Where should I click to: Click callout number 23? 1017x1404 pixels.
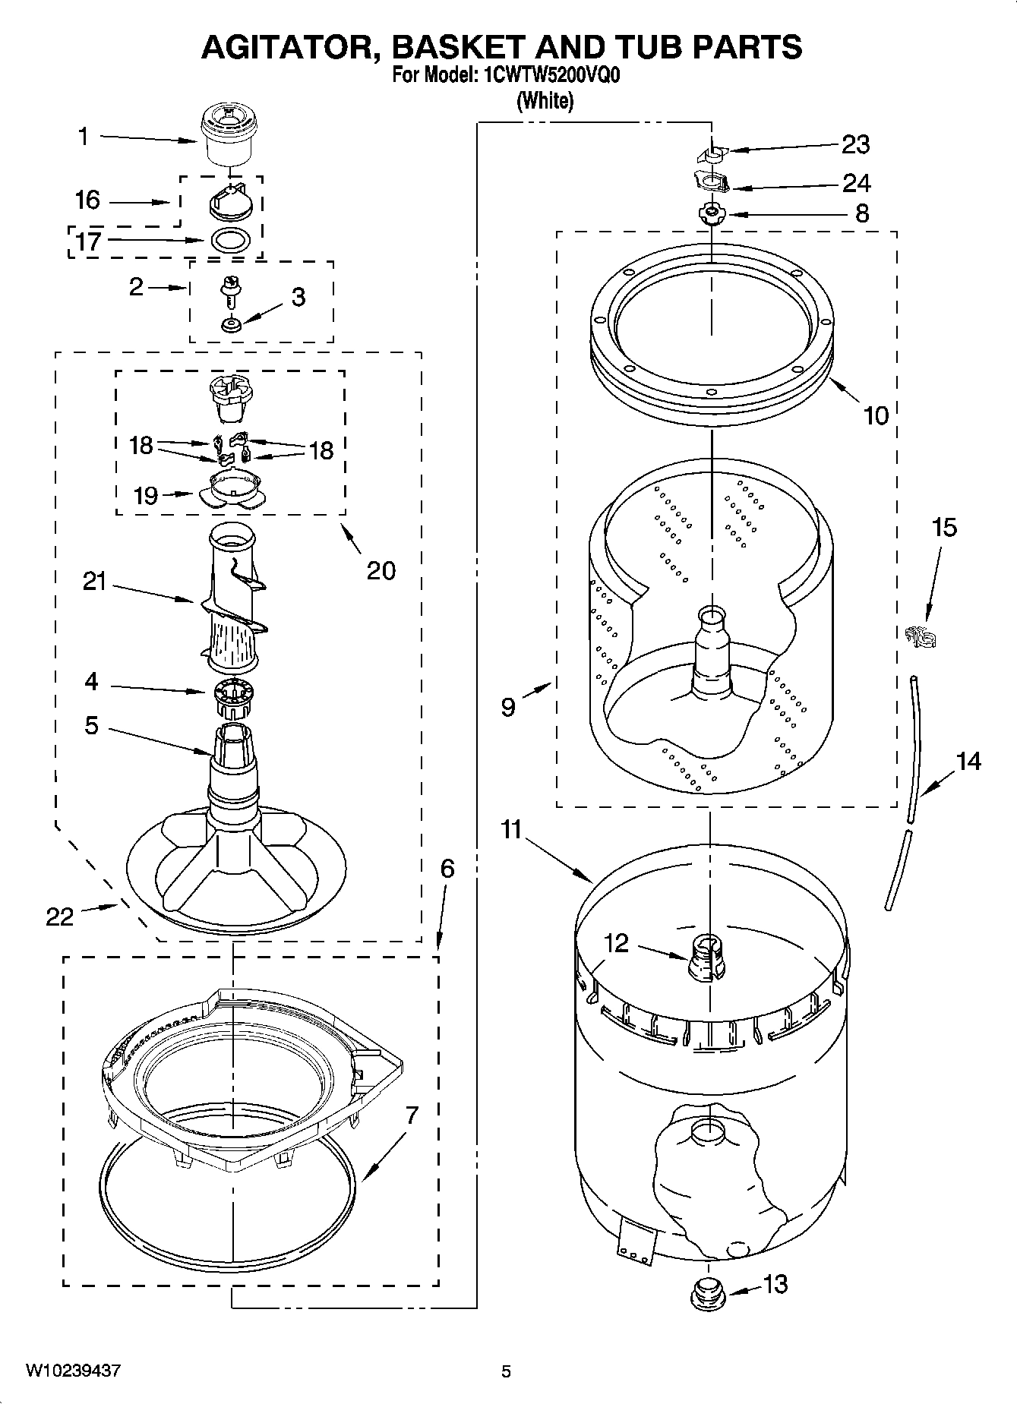tap(856, 144)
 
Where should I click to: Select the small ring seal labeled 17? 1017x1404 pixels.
tap(229, 239)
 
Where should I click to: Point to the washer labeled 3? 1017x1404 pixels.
tap(230, 325)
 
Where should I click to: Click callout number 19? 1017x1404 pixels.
tap(146, 495)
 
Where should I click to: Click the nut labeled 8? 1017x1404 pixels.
tap(712, 213)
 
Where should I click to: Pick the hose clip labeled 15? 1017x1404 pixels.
tap(920, 636)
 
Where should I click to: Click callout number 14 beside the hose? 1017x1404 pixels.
tap(968, 761)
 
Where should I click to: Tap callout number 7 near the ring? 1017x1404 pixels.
tap(411, 1115)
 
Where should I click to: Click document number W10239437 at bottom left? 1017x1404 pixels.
tap(73, 1371)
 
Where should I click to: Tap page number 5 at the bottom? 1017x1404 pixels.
tap(506, 1371)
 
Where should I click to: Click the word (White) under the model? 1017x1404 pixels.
tap(545, 100)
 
